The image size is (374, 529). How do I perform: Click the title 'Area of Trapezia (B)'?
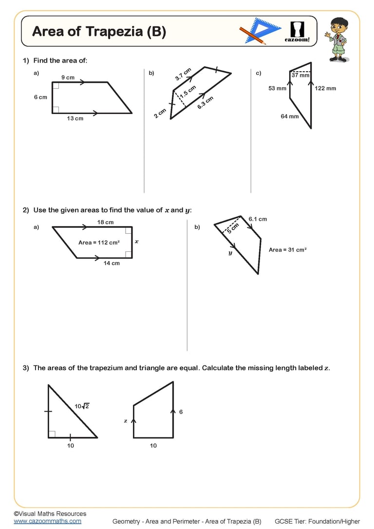click(x=99, y=32)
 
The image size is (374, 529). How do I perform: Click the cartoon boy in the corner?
click(x=337, y=39)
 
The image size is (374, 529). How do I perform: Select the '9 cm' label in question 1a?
click(x=68, y=77)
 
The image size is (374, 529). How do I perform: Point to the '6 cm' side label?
click(x=40, y=97)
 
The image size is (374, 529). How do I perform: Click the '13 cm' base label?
click(x=75, y=118)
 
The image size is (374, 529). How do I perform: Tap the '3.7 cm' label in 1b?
click(x=183, y=74)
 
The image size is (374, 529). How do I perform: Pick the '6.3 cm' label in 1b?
click(x=205, y=103)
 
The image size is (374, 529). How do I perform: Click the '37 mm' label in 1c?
click(x=300, y=76)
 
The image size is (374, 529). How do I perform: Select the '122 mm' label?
click(x=325, y=88)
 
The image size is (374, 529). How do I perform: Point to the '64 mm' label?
click(x=289, y=116)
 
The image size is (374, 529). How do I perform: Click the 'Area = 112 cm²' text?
click(x=99, y=242)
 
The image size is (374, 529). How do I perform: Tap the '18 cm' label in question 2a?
click(x=105, y=222)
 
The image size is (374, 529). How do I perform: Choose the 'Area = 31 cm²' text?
click(x=287, y=250)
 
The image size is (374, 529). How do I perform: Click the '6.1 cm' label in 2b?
click(x=258, y=219)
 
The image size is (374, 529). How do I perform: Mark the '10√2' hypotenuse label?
click(x=82, y=406)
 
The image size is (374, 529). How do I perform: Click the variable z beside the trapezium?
click(x=126, y=420)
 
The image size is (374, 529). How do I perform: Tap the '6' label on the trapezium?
click(x=181, y=412)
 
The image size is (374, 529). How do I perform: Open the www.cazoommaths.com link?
click(x=47, y=521)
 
